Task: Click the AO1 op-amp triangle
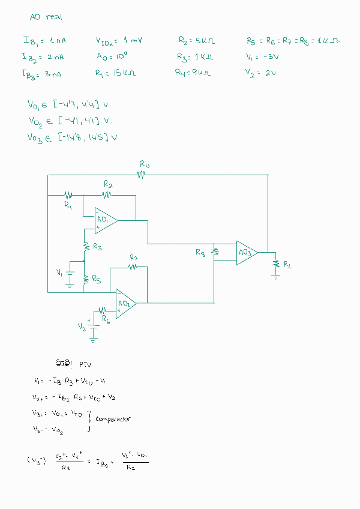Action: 104,220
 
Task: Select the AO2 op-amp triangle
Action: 125,304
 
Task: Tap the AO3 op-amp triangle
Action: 245,251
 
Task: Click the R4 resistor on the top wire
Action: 142,175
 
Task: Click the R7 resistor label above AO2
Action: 134,258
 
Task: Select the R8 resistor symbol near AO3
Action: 215,252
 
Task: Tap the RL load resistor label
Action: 288,265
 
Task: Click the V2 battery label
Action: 82,326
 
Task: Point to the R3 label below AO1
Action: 97,247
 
